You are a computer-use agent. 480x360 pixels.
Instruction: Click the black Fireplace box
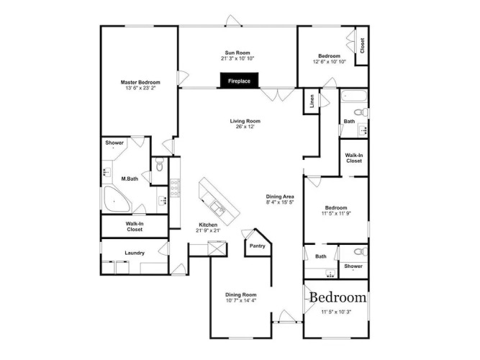point(240,81)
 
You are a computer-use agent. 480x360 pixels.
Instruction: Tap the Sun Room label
point(237,53)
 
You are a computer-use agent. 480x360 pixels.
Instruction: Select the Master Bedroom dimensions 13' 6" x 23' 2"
point(140,88)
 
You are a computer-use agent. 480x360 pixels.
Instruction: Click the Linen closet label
point(312,101)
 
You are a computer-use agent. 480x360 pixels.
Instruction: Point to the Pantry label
point(258,246)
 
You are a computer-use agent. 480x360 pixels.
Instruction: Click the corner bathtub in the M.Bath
point(117,199)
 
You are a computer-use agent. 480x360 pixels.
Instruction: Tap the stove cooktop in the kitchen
point(175,188)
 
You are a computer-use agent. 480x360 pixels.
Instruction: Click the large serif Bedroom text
point(338,297)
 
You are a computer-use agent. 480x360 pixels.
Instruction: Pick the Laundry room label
point(135,253)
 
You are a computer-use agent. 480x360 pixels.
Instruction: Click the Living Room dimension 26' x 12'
point(245,127)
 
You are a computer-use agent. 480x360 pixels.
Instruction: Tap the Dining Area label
point(280,197)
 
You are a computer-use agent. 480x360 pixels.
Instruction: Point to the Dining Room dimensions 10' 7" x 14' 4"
point(241,300)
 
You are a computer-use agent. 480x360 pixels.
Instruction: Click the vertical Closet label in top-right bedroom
point(363,45)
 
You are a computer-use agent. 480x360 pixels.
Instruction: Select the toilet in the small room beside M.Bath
point(160,165)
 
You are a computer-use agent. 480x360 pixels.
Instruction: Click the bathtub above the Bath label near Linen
point(353,96)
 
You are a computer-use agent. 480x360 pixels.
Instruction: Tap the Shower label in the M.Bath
point(114,143)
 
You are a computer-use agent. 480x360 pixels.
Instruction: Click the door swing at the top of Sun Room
point(233,21)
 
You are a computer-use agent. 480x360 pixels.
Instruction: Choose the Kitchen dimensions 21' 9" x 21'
point(208,230)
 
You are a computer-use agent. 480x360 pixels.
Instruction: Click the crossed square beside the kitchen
point(217,248)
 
